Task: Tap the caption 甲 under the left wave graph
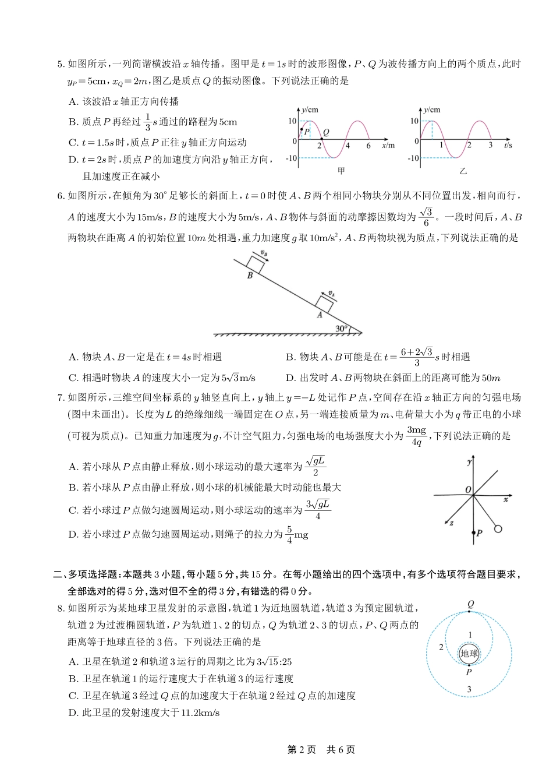tap(342, 171)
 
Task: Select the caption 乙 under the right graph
tap(463, 171)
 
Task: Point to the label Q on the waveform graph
tap(326, 132)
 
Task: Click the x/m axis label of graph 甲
tap(388, 145)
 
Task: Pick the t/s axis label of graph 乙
tap(508, 145)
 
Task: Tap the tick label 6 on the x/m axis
tap(368, 146)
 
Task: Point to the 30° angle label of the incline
tap(342, 329)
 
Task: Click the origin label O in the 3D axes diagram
tap(468, 490)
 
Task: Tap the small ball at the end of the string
tap(498, 528)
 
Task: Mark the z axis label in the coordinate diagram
tap(452, 523)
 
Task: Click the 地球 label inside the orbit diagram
tap(469, 654)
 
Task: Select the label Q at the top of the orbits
tap(470, 604)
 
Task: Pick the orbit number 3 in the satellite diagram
tap(469, 690)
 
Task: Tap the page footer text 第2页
tap(302, 750)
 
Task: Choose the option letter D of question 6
tap(290, 378)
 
